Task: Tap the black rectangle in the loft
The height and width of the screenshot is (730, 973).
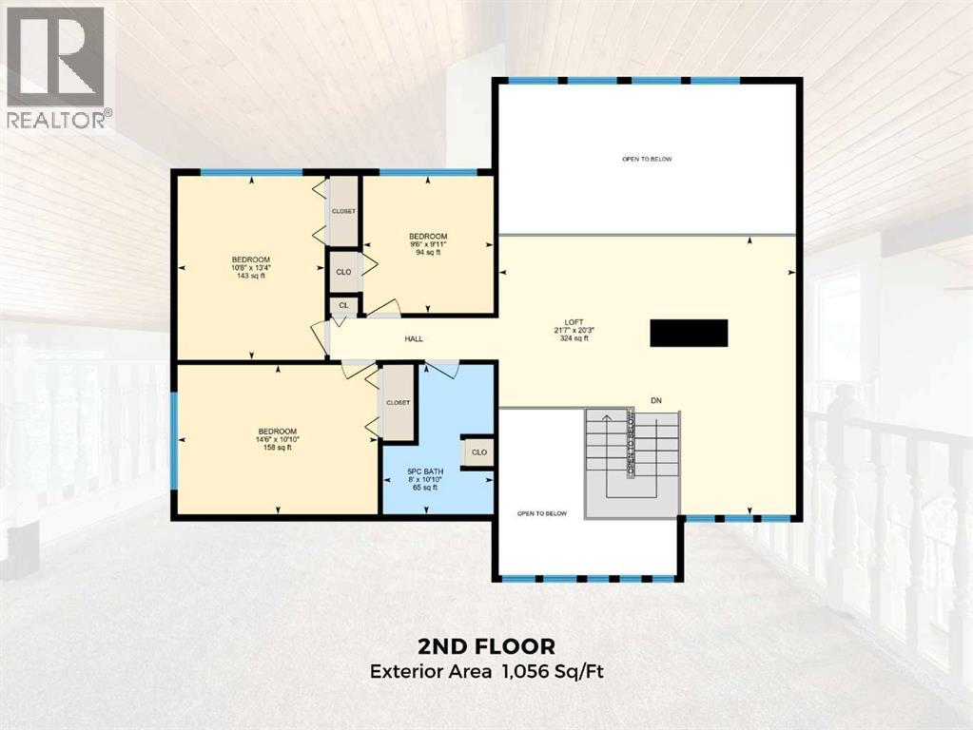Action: click(689, 334)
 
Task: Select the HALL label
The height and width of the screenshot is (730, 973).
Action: click(414, 339)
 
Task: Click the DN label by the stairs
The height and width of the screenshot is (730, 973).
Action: click(656, 401)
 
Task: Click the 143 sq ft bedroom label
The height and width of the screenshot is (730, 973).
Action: click(251, 267)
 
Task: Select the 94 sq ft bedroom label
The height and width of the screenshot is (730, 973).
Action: click(428, 243)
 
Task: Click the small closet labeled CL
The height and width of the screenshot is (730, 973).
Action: click(343, 306)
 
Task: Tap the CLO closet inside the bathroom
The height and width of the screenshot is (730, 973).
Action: click(478, 452)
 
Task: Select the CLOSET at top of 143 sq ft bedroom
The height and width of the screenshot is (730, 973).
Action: click(343, 211)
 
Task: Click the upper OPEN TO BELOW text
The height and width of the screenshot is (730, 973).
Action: click(647, 159)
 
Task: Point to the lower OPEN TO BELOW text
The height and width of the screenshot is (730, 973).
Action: click(542, 513)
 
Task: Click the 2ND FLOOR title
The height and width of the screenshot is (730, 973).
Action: click(486, 646)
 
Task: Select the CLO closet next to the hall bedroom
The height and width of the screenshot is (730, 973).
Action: click(343, 271)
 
